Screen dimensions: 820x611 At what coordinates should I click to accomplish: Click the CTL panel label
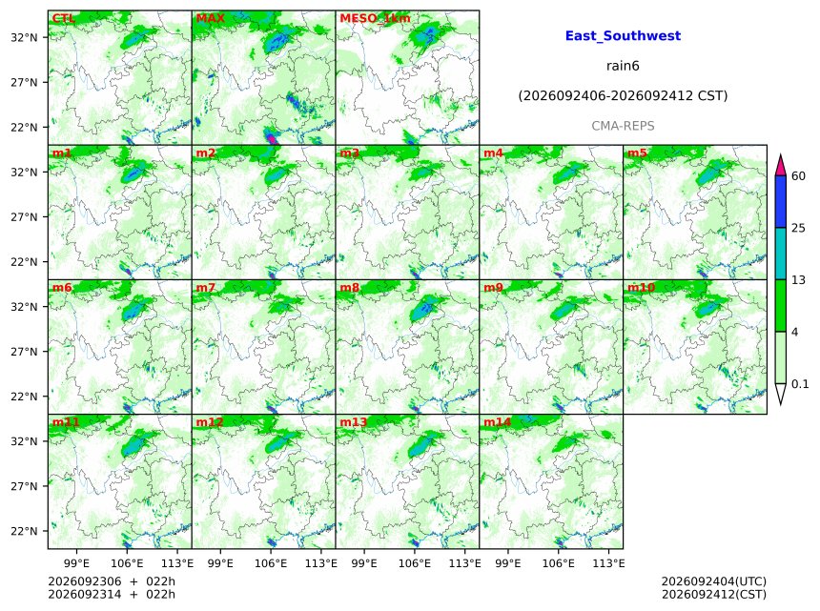63,18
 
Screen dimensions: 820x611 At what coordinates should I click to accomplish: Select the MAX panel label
210,18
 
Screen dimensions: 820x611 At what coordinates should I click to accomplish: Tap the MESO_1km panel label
375,18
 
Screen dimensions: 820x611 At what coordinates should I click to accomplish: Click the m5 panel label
637,153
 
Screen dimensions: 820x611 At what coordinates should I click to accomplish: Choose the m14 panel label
497,421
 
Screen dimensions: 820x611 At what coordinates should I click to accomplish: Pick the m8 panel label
349,287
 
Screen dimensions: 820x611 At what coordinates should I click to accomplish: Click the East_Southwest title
623,35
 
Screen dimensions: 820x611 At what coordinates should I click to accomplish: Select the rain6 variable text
623,66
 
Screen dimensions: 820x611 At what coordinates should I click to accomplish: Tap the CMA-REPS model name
623,126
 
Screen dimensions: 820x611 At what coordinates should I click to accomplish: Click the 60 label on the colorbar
798,175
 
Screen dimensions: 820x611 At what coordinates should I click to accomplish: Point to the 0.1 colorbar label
800,384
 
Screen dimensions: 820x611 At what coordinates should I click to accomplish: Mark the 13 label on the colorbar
798,280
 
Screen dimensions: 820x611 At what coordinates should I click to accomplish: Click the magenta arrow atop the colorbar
780,165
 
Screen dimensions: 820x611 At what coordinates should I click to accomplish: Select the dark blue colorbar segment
780,201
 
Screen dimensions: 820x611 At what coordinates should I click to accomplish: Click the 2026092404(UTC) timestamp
714,581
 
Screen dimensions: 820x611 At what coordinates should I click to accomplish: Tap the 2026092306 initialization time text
84,581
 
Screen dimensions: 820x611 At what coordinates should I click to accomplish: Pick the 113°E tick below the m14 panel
608,563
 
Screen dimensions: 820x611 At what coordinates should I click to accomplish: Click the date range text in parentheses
623,95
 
